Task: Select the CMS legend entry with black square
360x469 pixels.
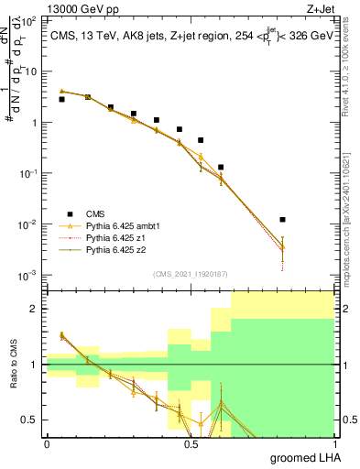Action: pos(83,213)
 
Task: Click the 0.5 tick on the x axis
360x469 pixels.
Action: pos(190,443)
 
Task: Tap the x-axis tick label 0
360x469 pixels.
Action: pos(47,443)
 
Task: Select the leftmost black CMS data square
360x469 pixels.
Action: pos(61,99)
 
